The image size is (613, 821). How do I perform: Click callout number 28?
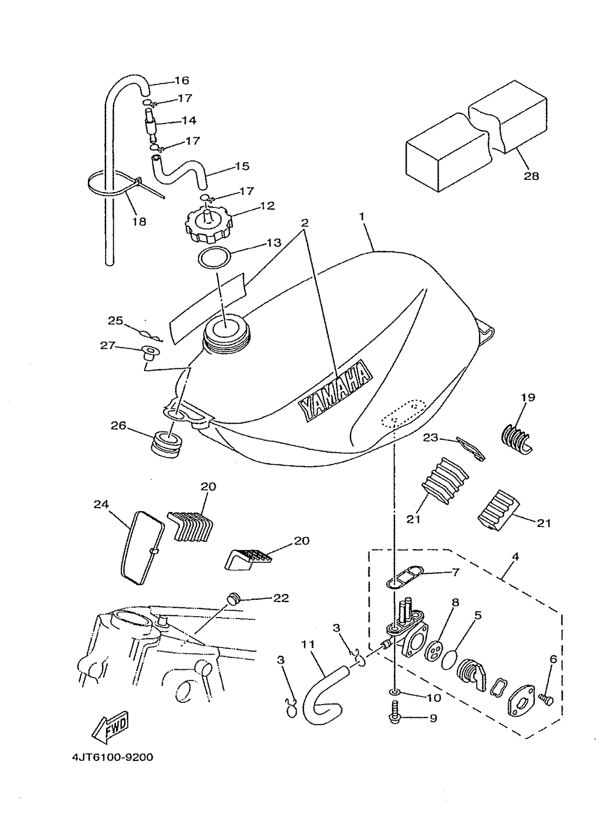coord(531,176)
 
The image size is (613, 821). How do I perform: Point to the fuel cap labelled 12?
coord(208,224)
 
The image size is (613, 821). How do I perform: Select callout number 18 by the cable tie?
coord(139,222)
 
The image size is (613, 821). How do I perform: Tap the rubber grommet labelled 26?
coord(167,444)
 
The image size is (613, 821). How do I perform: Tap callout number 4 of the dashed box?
coord(515,556)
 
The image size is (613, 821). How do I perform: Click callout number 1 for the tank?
coord(362,216)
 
